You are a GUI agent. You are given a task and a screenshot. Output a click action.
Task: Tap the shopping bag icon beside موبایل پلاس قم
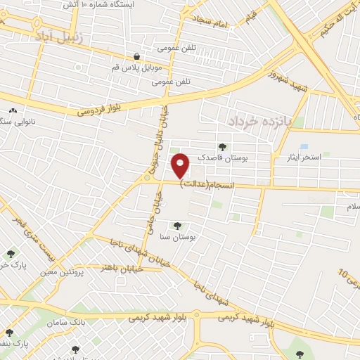(x=136, y=56)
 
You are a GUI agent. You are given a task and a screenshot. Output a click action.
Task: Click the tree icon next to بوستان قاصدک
(x=223, y=147)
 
